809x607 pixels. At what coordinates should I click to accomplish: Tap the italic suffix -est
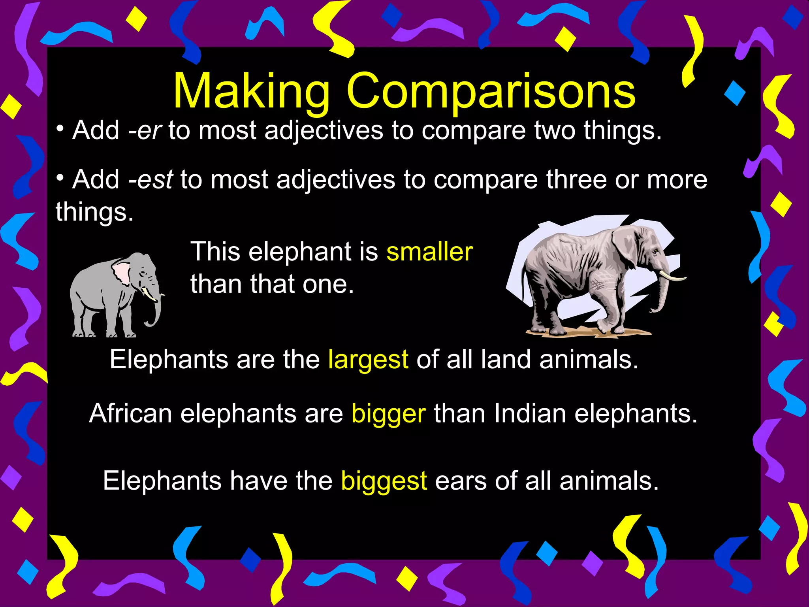click(151, 180)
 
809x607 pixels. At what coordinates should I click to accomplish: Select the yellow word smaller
click(429, 252)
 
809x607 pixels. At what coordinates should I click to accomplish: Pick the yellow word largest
click(368, 360)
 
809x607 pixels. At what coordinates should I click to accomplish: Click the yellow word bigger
click(389, 414)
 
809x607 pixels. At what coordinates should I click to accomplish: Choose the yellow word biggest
click(384, 481)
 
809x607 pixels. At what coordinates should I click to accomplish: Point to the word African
click(131, 413)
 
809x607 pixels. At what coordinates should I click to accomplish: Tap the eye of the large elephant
click(656, 251)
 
